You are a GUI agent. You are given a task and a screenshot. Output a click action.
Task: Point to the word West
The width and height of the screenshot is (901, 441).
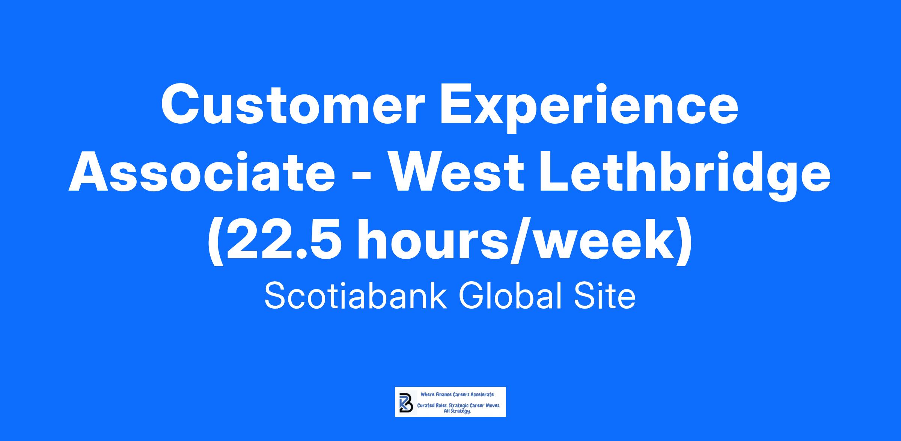coord(455,172)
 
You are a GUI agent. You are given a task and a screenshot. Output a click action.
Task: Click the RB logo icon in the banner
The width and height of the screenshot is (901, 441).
coord(405,402)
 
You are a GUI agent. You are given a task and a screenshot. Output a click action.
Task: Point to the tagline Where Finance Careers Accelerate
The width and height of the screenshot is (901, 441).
coord(457,395)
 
